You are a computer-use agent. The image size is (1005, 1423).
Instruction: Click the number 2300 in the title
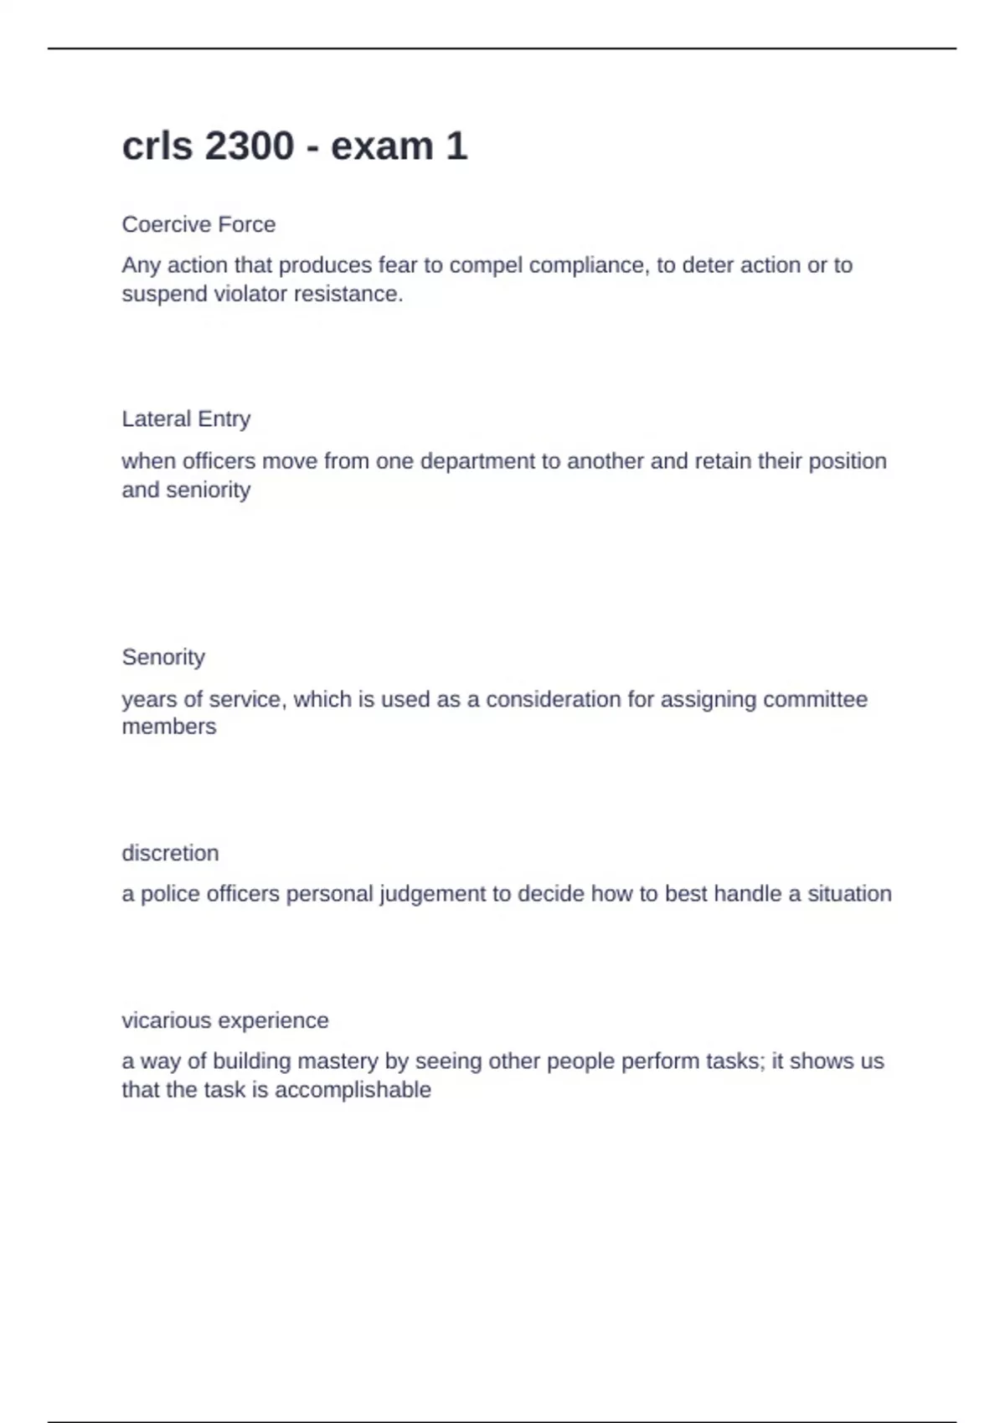(x=249, y=146)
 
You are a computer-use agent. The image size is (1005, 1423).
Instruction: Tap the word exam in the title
(x=381, y=146)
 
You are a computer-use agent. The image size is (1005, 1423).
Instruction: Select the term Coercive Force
(x=198, y=224)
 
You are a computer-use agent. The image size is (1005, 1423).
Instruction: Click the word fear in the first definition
(x=398, y=265)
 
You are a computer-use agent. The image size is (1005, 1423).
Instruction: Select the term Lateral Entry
(x=186, y=419)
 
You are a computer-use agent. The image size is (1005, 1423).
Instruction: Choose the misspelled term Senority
(x=163, y=657)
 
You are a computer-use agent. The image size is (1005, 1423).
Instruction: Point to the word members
(x=169, y=727)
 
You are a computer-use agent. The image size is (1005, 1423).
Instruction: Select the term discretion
(x=170, y=853)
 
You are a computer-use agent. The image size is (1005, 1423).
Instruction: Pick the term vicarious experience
(x=224, y=1020)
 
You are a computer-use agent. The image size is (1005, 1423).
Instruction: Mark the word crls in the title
(x=157, y=146)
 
